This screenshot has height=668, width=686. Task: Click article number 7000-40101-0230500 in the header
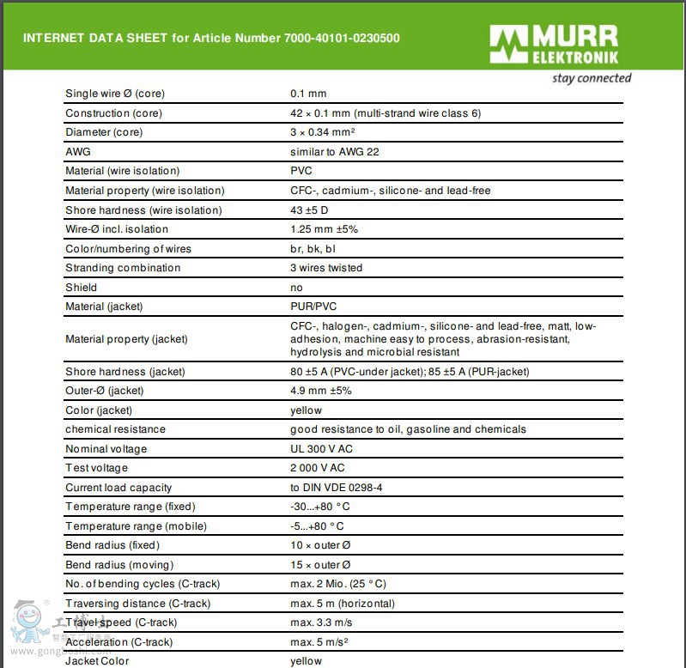pyautogui.click(x=341, y=38)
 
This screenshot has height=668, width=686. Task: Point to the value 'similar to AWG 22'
pyautogui.click(x=335, y=152)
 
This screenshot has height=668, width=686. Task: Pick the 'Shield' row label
pyautogui.click(x=82, y=288)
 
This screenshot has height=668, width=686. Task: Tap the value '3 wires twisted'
pyautogui.click(x=326, y=268)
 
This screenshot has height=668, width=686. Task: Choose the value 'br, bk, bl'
pyautogui.click(x=313, y=249)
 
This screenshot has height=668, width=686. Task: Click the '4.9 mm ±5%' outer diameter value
pyautogui.click(x=321, y=391)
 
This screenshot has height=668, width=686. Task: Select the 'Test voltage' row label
pyautogui.click(x=96, y=468)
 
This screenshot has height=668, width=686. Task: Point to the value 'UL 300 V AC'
pyautogui.click(x=322, y=449)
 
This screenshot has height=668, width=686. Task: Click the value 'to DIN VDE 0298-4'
pyautogui.click(x=337, y=488)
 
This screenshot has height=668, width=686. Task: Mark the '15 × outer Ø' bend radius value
pyautogui.click(x=320, y=565)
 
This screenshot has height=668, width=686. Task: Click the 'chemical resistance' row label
pyautogui.click(x=115, y=429)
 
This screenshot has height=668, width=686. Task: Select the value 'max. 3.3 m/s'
pyautogui.click(x=321, y=622)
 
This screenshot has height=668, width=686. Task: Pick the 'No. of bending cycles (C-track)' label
pyautogui.click(x=143, y=584)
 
